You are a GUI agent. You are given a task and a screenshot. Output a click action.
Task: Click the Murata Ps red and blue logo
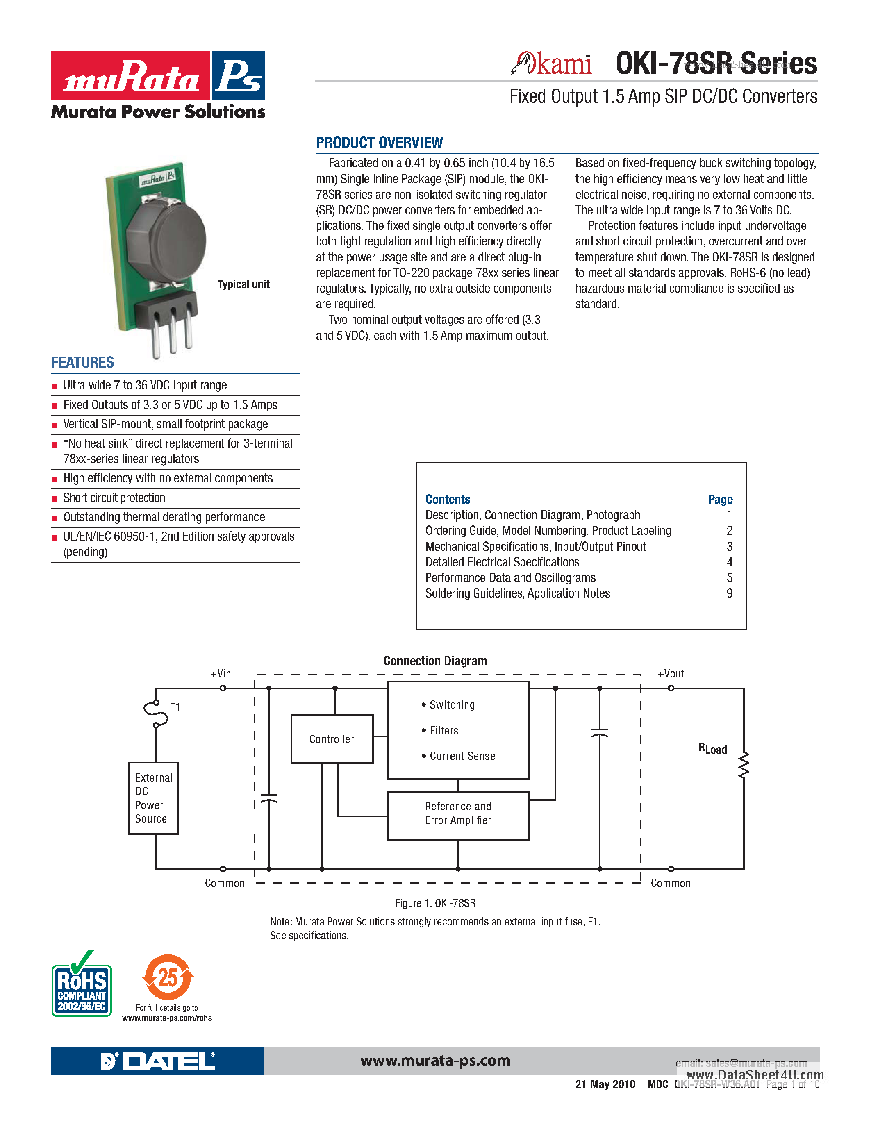(158, 76)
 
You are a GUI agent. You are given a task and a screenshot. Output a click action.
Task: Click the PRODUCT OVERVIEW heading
(379, 143)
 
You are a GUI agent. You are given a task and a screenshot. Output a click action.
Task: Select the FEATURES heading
(82, 362)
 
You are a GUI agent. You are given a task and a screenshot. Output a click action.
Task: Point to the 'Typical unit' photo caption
(243, 284)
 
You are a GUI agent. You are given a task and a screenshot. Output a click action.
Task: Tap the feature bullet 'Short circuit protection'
(114, 498)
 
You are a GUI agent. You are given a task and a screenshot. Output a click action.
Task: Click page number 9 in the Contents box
(729, 593)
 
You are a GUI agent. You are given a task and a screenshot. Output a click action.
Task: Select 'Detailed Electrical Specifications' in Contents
(502, 562)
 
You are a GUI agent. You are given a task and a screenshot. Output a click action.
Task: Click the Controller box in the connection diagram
(332, 739)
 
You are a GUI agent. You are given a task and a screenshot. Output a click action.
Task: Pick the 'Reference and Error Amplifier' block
(458, 814)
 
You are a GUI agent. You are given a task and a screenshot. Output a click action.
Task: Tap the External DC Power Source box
(153, 798)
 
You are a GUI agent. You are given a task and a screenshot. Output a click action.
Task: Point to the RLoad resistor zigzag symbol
(743, 765)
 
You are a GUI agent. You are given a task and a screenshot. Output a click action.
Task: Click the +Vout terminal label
(670, 674)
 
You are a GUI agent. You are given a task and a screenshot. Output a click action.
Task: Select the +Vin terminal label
(221, 674)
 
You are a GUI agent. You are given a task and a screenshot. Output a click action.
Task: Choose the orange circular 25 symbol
(168, 977)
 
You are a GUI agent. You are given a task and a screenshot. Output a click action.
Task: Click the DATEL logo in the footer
(157, 1061)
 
